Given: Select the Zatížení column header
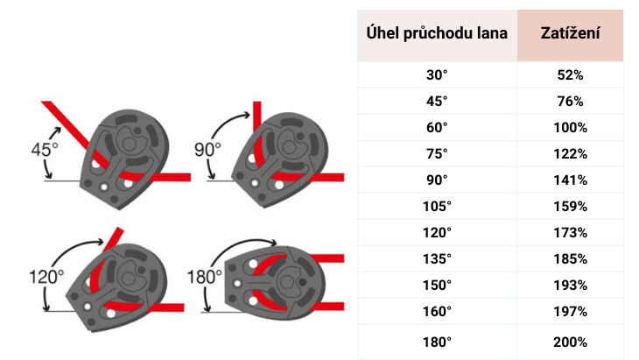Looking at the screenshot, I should click(x=570, y=34).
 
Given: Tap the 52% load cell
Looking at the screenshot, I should click(x=570, y=75).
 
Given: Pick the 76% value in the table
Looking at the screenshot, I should click(x=570, y=102).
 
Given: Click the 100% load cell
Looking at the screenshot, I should click(x=570, y=128).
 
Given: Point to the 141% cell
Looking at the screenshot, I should click(x=570, y=180).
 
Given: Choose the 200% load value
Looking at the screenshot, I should click(x=570, y=342).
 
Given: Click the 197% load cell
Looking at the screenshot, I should click(x=570, y=312).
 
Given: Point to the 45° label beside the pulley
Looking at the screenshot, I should click(x=44, y=150).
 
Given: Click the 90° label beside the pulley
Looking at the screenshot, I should click(x=207, y=150).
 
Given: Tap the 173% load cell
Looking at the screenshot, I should click(x=570, y=233).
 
